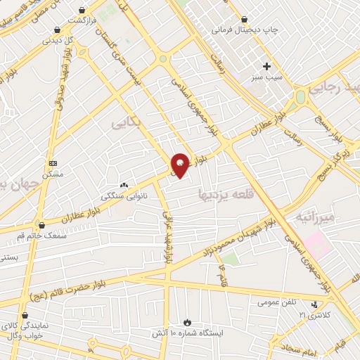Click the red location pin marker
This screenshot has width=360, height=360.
point(181,164)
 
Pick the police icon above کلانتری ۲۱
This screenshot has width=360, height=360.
point(314,304)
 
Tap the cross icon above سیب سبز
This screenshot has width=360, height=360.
point(266,66)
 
